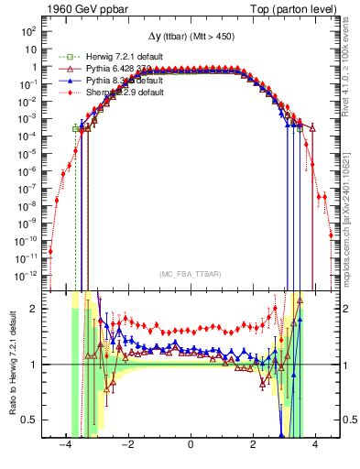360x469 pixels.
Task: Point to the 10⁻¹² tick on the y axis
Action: pyautogui.click(x=27, y=274)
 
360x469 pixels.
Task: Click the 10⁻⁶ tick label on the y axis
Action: pyautogui.click(x=28, y=170)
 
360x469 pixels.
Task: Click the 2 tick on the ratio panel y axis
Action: pyautogui.click(x=34, y=309)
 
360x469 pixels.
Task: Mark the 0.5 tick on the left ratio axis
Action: pyautogui.click(x=29, y=420)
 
